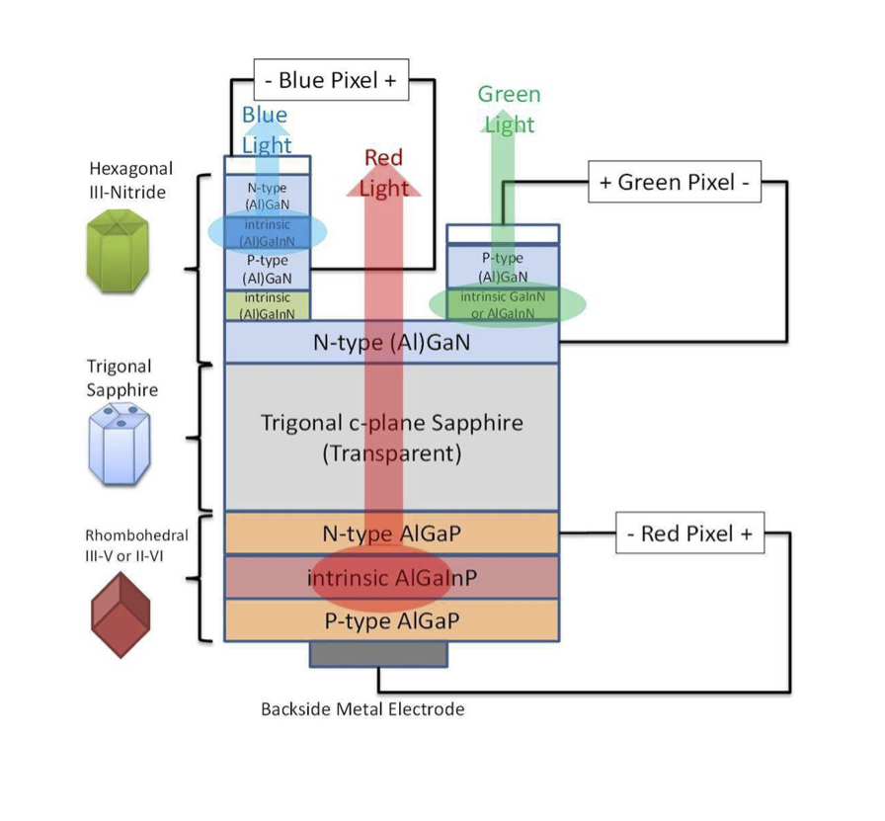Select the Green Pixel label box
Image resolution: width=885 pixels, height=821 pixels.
[674, 183]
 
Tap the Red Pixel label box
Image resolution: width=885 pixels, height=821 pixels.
[689, 534]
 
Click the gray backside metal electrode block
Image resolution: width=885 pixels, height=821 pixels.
[378, 653]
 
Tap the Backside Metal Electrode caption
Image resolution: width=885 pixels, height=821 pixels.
[362, 709]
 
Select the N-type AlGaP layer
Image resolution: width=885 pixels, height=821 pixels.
[391, 534]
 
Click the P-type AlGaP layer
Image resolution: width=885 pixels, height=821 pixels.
[391, 620]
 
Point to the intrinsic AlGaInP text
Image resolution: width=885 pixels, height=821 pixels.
[391, 577]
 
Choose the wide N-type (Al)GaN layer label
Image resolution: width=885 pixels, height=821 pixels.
[391, 344]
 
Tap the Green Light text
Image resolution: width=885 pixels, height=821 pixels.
[509, 109]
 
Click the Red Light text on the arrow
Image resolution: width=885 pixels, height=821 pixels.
[384, 172]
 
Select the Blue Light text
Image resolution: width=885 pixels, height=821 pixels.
[266, 129]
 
